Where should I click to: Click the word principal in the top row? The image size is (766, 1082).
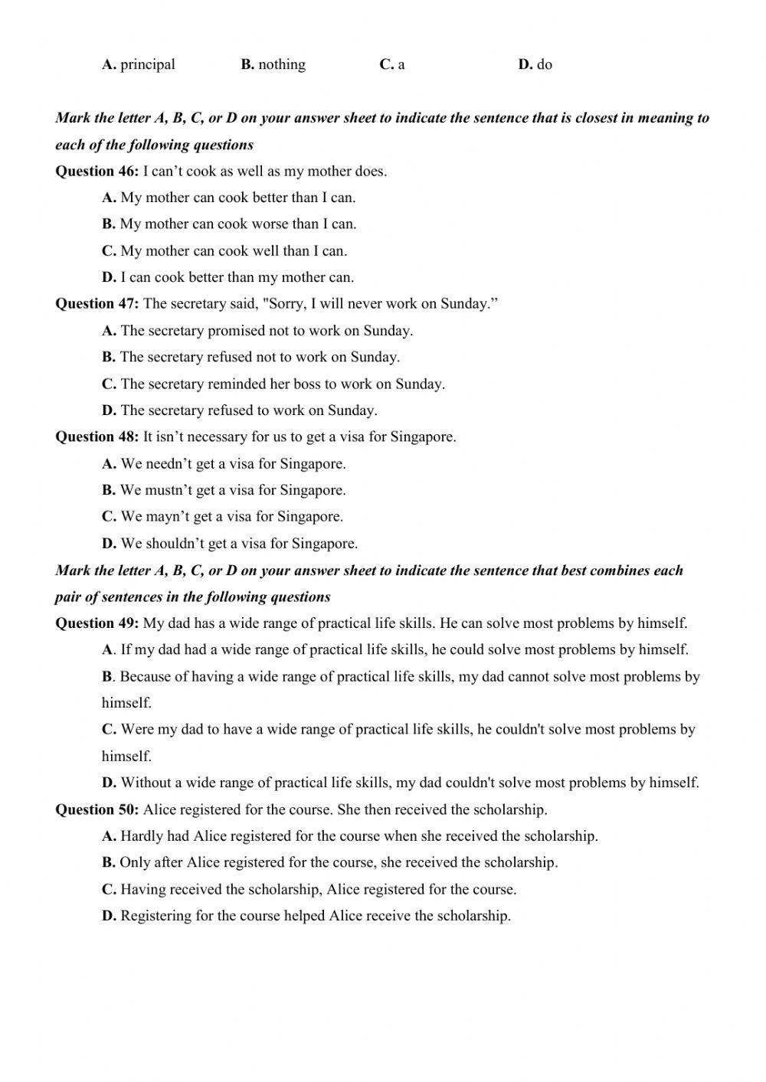click(x=148, y=65)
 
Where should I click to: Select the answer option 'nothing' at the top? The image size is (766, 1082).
click(x=282, y=65)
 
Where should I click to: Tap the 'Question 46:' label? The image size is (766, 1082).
click(x=97, y=171)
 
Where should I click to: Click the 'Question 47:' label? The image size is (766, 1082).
click(x=97, y=304)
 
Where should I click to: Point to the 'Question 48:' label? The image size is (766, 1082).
click(x=97, y=437)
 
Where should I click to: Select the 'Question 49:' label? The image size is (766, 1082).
click(x=97, y=623)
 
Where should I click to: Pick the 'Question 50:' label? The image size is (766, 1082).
click(x=97, y=809)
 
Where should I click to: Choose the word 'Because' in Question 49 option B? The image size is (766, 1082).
click(x=145, y=677)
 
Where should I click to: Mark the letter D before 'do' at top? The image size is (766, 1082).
click(x=525, y=65)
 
